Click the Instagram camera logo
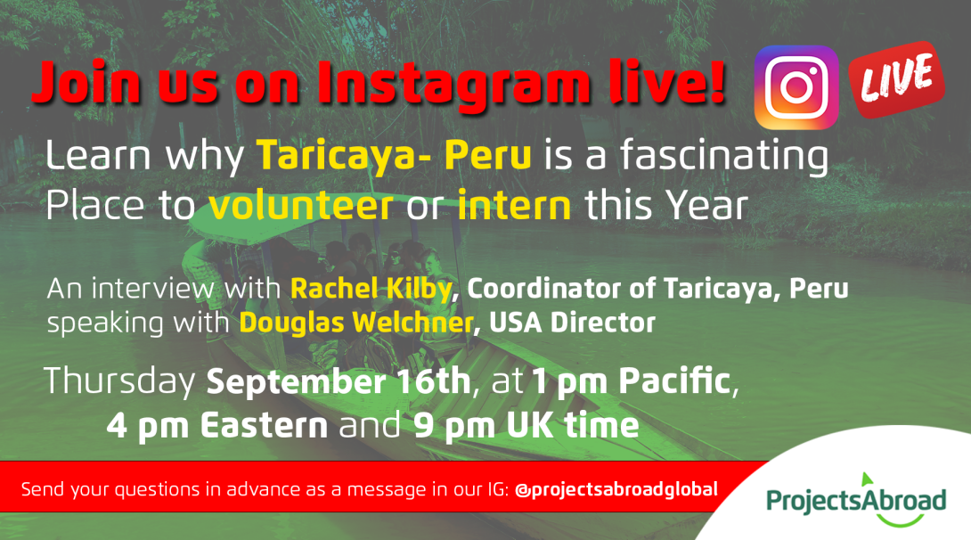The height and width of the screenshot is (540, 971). pyautogui.click(x=796, y=87)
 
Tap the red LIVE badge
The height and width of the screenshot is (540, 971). pyautogui.click(x=897, y=78)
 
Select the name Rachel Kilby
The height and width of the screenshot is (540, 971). pyautogui.click(x=371, y=289)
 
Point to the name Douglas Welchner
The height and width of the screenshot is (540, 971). pyautogui.click(x=356, y=323)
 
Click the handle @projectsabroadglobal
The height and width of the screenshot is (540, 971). pyautogui.click(x=616, y=489)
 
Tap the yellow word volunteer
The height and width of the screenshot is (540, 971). pyautogui.click(x=301, y=206)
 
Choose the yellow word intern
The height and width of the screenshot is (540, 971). pyautogui.click(x=514, y=206)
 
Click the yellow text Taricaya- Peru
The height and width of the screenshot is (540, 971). pyautogui.click(x=394, y=155)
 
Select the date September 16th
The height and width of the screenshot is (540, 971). pyautogui.click(x=339, y=380)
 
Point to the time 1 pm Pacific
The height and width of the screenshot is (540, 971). pyautogui.click(x=631, y=380)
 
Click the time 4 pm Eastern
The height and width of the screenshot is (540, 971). pyautogui.click(x=216, y=425)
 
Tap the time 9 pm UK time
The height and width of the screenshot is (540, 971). pyautogui.click(x=526, y=425)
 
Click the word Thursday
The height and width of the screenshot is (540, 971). pyautogui.click(x=119, y=380)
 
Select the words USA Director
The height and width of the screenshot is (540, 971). pyautogui.click(x=572, y=323)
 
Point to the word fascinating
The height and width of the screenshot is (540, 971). pyautogui.click(x=724, y=155)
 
